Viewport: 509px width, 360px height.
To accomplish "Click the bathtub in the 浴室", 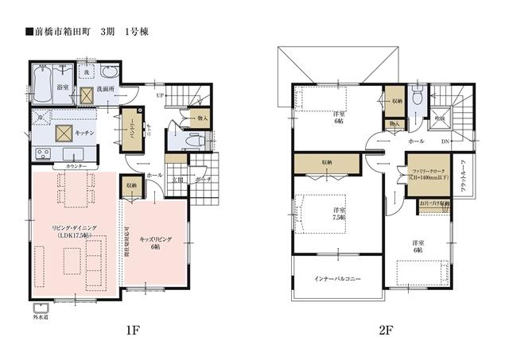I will point(42,82).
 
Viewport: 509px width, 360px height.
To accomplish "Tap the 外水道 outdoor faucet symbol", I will point(40,307).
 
